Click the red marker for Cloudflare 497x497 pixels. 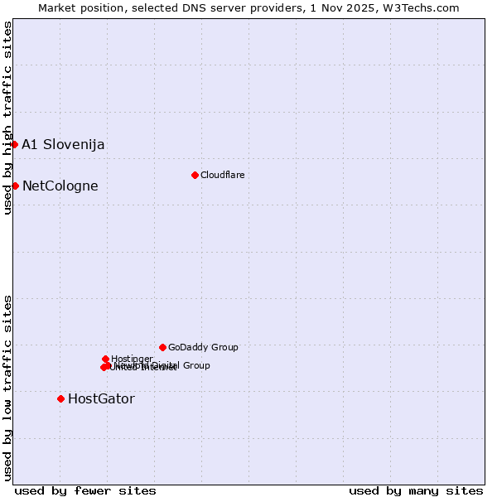pyautogui.click(x=195, y=175)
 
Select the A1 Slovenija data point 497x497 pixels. pyautogui.click(x=14, y=144)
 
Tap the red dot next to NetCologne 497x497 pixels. pyautogui.click(x=15, y=186)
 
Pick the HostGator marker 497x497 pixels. pyautogui.click(x=60, y=398)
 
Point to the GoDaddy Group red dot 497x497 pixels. pyautogui.click(x=162, y=347)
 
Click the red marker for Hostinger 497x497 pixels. pyautogui.click(x=105, y=359)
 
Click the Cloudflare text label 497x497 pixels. pyautogui.click(x=222, y=175)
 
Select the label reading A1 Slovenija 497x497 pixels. pyautogui.click(x=63, y=144)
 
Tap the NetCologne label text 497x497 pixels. pyautogui.click(x=60, y=186)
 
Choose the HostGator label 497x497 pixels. pyautogui.click(x=101, y=398)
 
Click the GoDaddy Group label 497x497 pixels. pyautogui.click(x=203, y=347)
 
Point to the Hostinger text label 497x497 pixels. pyautogui.click(x=132, y=359)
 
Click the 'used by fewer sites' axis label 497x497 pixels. pyautogui.click(x=85, y=490)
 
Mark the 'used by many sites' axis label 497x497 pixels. pyautogui.click(x=416, y=490)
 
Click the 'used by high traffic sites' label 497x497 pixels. pyautogui.click(x=7, y=118)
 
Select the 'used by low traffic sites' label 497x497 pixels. pyautogui.click(x=7, y=388)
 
